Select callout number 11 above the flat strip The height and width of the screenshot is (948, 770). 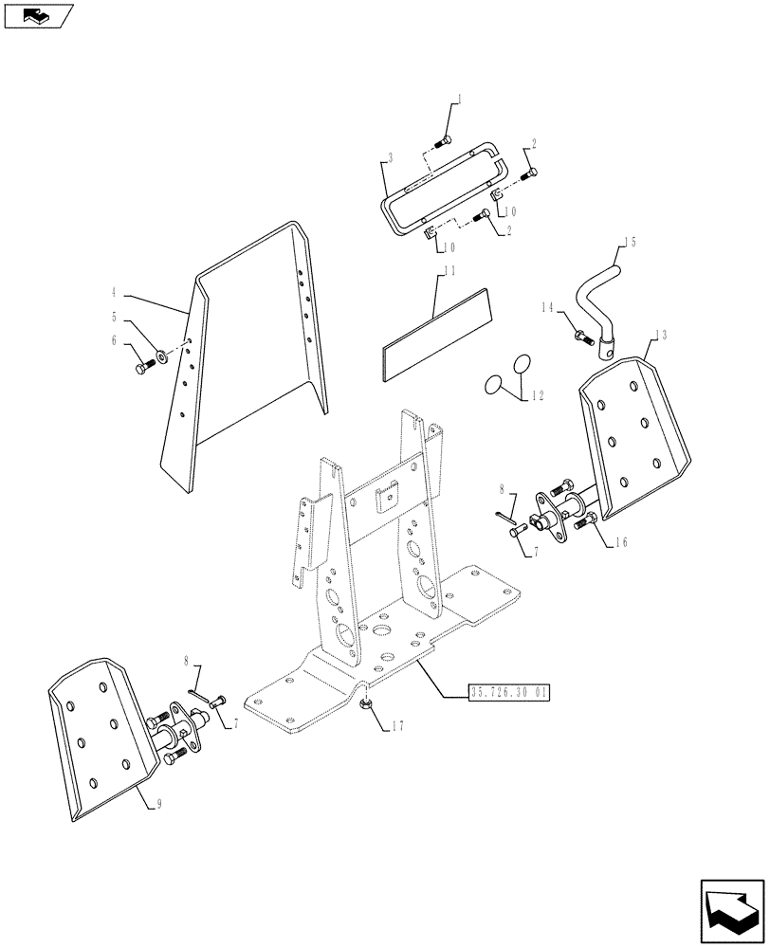click(x=449, y=271)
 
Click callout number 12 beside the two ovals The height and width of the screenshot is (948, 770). click(x=540, y=396)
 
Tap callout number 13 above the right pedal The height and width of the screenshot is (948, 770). click(x=661, y=335)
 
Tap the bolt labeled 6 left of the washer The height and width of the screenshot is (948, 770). click(x=144, y=366)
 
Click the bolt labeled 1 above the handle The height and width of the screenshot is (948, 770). click(x=442, y=141)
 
